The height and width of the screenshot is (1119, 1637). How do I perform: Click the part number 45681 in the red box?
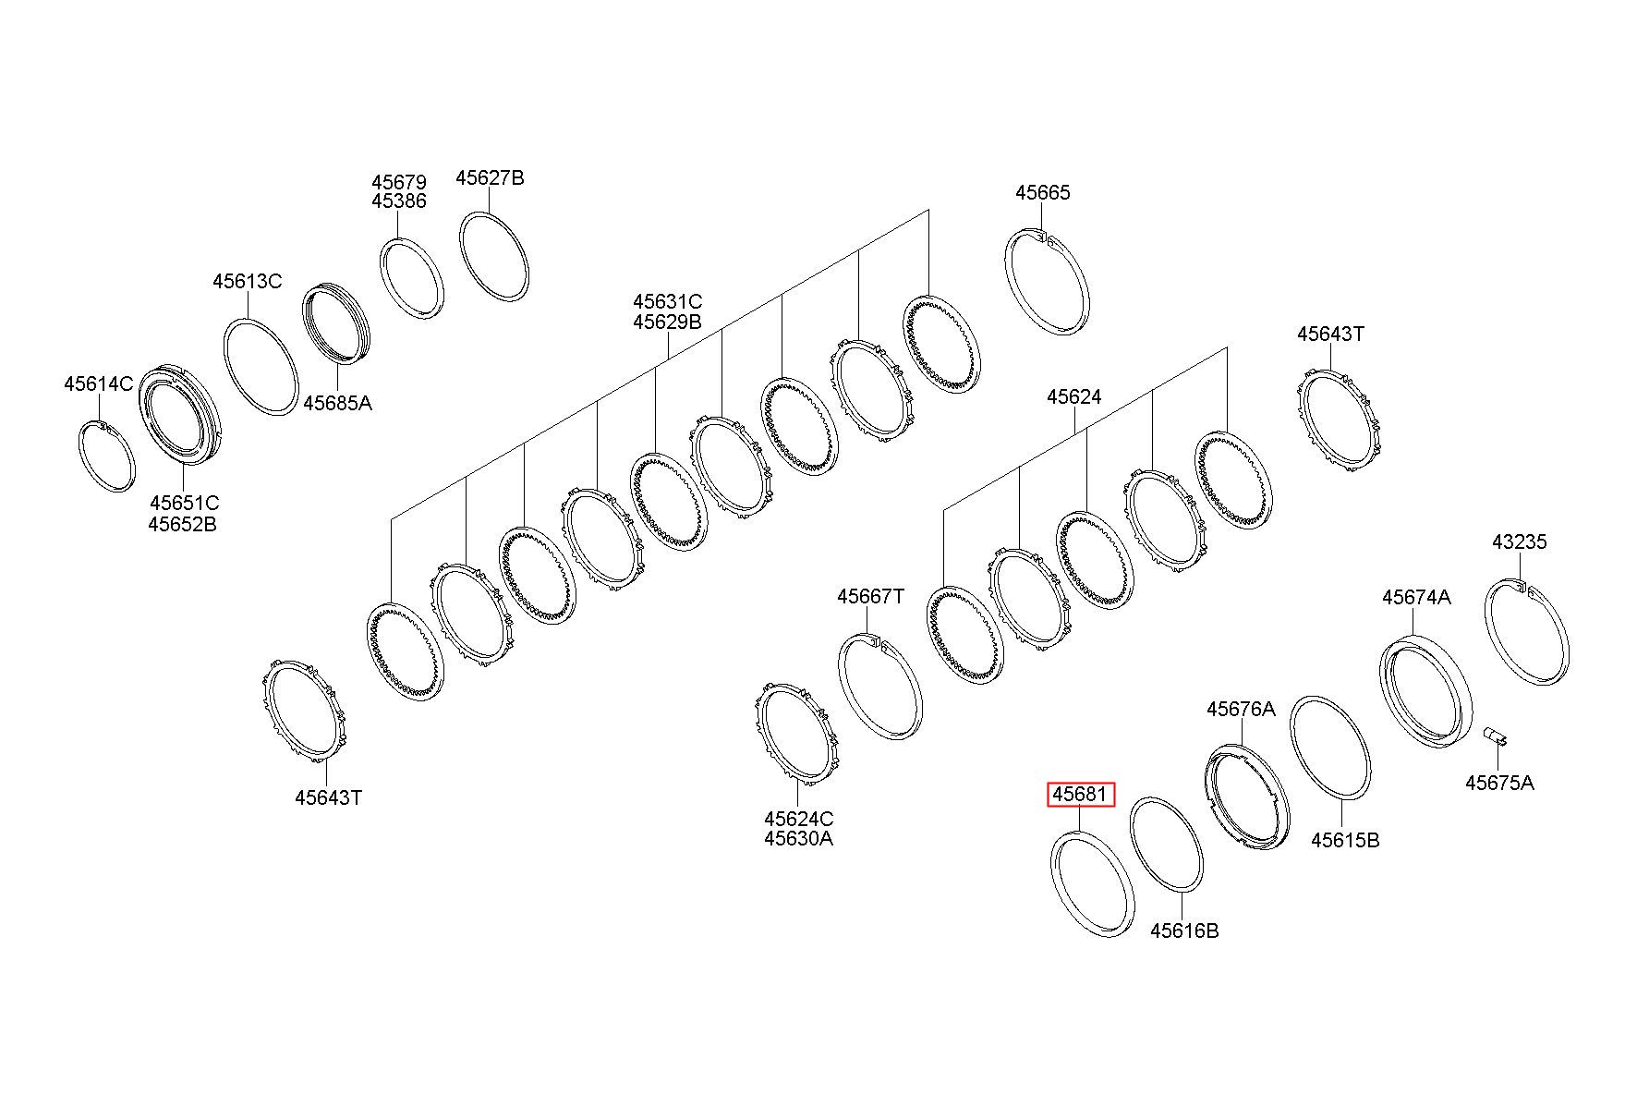click(1080, 795)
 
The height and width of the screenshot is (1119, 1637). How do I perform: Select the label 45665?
click(1042, 192)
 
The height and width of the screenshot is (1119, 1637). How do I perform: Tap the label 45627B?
click(490, 177)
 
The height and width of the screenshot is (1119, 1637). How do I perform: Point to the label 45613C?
click(247, 281)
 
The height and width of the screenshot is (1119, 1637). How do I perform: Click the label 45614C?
click(98, 383)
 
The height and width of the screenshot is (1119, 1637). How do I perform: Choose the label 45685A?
click(337, 403)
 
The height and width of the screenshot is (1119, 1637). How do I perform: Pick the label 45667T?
click(870, 596)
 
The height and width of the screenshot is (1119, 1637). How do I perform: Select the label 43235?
click(1519, 541)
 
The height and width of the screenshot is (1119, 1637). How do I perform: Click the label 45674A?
click(1416, 597)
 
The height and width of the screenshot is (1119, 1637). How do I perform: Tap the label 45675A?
click(1499, 783)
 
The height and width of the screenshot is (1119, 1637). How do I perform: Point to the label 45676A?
click(1241, 709)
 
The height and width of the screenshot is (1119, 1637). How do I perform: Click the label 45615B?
click(1345, 840)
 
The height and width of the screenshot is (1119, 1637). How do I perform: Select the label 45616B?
click(1183, 930)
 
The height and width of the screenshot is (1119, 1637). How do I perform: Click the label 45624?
click(1073, 396)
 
